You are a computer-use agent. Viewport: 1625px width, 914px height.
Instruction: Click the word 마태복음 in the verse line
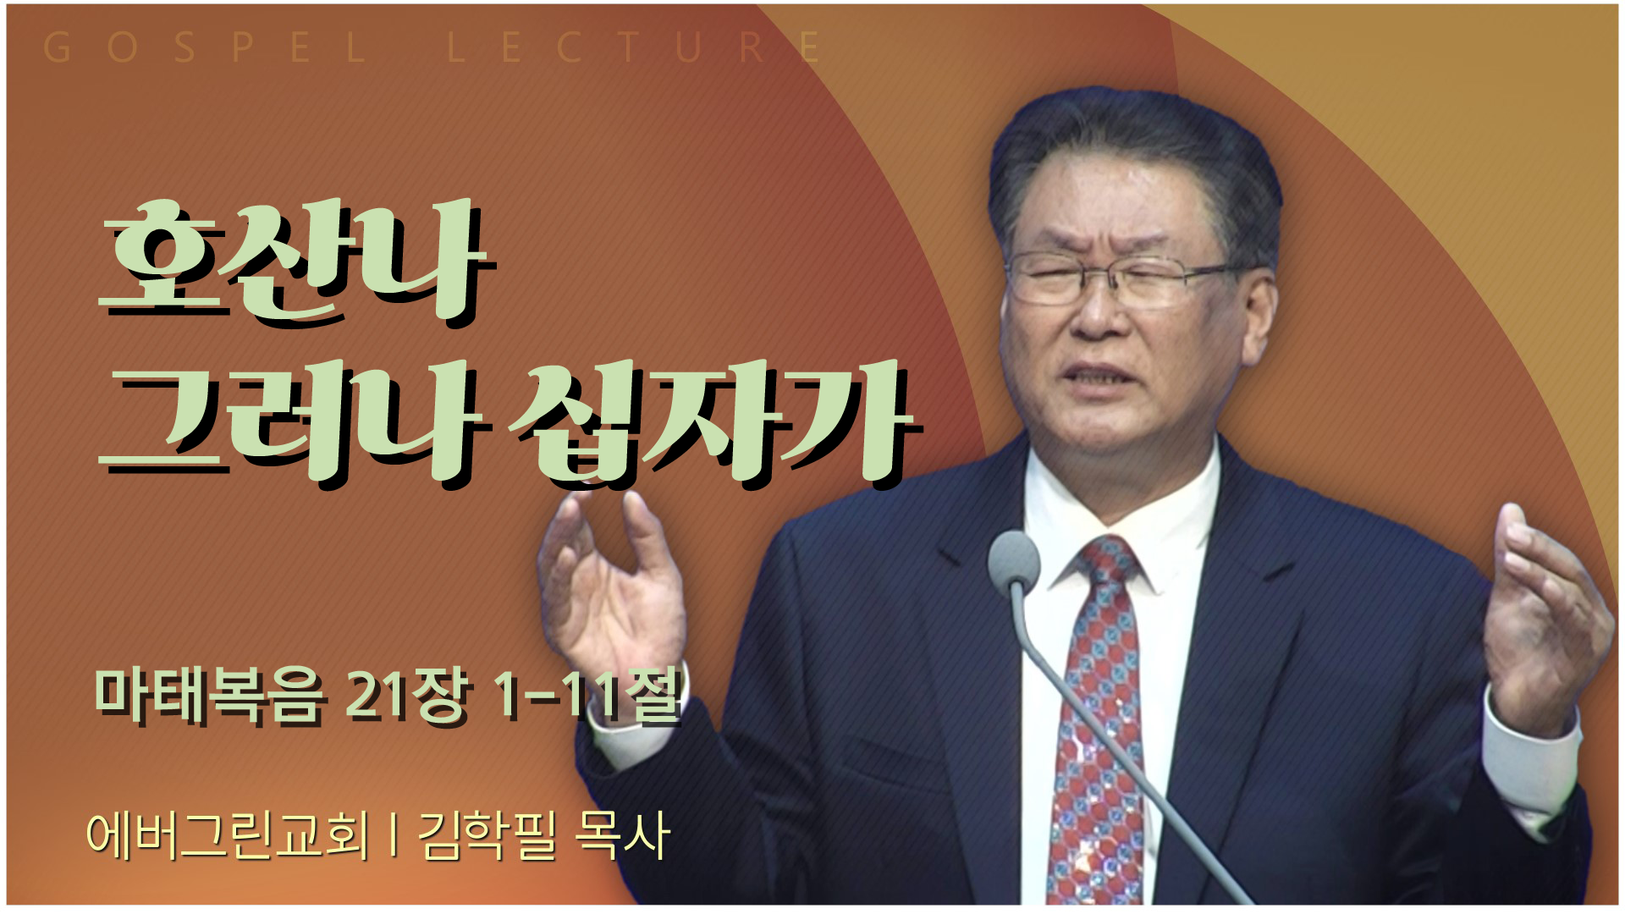pyautogui.click(x=209, y=697)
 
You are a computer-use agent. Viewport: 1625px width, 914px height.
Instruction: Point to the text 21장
pyautogui.click(x=407, y=696)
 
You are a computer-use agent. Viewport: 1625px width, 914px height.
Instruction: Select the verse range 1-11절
pyautogui.click(x=587, y=696)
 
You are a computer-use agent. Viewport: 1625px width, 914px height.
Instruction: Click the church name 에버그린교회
pyautogui.click(x=228, y=836)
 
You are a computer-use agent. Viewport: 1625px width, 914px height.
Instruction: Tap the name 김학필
pyautogui.click(x=487, y=836)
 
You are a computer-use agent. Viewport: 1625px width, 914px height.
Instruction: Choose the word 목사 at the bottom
pyautogui.click(x=622, y=836)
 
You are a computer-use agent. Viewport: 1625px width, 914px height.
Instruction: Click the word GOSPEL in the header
pyautogui.click(x=203, y=48)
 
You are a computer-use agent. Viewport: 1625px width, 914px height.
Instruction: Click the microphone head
pyautogui.click(x=1013, y=560)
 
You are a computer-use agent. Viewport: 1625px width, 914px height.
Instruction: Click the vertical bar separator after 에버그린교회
pyautogui.click(x=394, y=836)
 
